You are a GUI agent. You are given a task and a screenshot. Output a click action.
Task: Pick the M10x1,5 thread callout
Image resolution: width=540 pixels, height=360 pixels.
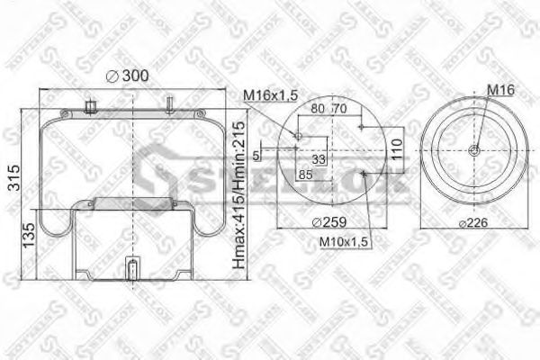coord(344,240)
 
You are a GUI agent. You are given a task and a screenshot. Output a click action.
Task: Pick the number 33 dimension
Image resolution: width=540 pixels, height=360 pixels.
coord(318,160)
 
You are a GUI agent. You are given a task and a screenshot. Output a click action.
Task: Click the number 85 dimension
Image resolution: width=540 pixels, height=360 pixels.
coord(304,175)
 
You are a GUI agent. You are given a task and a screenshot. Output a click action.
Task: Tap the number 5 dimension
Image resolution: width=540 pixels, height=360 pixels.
coord(257,156)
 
